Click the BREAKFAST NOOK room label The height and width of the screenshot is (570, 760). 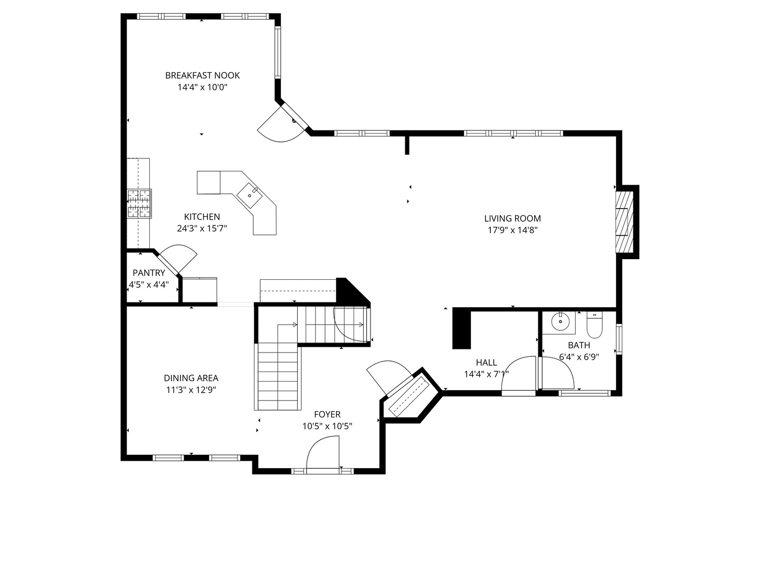coord(202,75)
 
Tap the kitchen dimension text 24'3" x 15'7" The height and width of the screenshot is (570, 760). coord(202,229)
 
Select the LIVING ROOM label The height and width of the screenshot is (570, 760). coord(512,218)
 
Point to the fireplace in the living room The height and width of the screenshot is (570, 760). coord(624,222)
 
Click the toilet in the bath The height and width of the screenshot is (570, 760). coord(594,324)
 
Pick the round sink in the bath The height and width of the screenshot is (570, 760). coord(560,321)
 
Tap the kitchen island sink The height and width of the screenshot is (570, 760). coord(250,195)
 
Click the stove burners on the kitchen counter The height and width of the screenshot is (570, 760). coord(139,204)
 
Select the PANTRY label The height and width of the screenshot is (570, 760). coord(149,273)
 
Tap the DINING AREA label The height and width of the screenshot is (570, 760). coord(191,378)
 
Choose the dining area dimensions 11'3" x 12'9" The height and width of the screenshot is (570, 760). coord(191,390)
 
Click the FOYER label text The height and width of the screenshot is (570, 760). coord(327,414)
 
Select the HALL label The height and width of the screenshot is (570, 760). coord(487,363)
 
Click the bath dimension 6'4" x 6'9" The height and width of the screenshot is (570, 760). coord(579,357)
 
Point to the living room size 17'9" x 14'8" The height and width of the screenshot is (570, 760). coord(513,230)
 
